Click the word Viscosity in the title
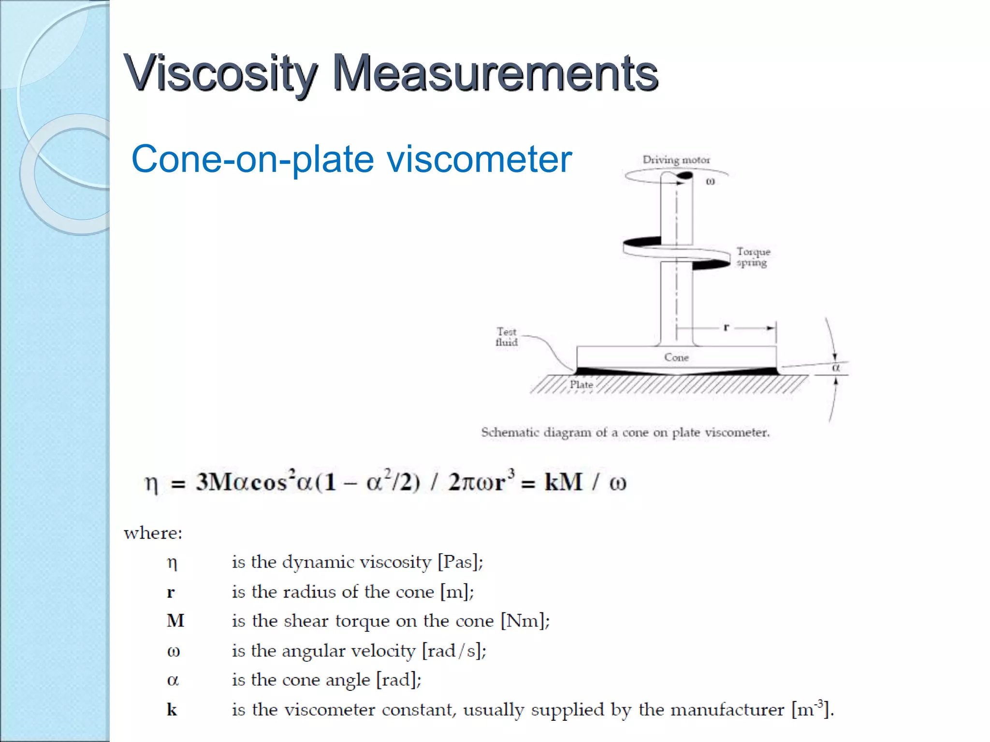pos(220,73)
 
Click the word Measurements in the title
pos(495,73)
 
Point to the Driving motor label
pos(676,160)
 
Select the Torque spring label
pos(753,257)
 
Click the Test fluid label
pos(506,337)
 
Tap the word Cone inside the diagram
pos(676,357)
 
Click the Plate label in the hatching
pos(581,385)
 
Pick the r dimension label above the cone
pos(726,328)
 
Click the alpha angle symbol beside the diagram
pos(836,368)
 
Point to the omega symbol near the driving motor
pos(710,182)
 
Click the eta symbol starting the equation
pos(151,484)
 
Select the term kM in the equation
pos(563,482)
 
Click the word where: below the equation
pos(153,533)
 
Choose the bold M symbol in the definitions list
pos(175,621)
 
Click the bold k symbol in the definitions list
pos(172,710)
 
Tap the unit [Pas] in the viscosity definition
pos(460,562)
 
